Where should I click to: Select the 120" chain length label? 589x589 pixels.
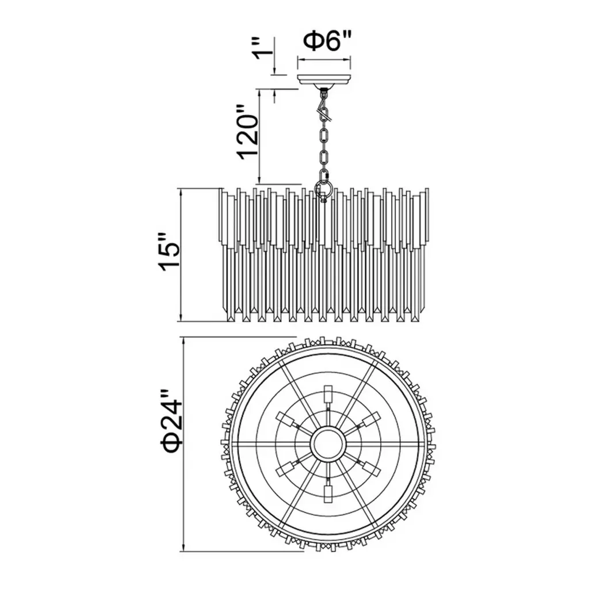click(247, 132)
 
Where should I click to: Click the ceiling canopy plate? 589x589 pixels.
click(324, 79)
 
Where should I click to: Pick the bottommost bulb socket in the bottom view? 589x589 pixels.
click(328, 492)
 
